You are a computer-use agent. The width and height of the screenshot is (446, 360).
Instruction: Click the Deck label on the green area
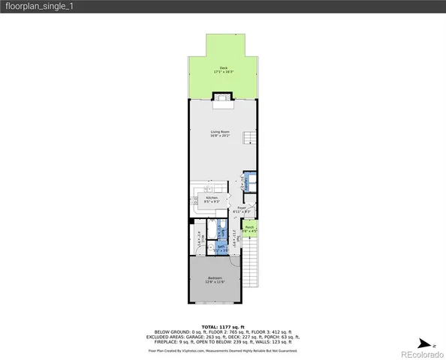coord(222,67)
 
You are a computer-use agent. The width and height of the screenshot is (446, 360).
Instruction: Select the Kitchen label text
coord(212,198)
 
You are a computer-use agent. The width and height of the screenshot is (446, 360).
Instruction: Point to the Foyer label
coord(242,208)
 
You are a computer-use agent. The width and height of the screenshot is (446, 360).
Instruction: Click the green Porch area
coord(251,229)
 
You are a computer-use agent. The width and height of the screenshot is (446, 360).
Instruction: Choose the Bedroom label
coord(215,278)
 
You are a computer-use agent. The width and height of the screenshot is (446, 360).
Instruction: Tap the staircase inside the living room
coord(251,139)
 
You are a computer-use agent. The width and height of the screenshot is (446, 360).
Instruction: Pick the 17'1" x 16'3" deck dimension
coord(222,71)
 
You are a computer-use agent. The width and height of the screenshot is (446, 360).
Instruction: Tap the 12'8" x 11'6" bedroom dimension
coord(215,283)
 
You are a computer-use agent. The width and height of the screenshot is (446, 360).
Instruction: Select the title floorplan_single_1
coord(38,6)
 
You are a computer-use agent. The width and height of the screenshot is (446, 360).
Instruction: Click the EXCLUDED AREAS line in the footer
coord(222,337)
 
